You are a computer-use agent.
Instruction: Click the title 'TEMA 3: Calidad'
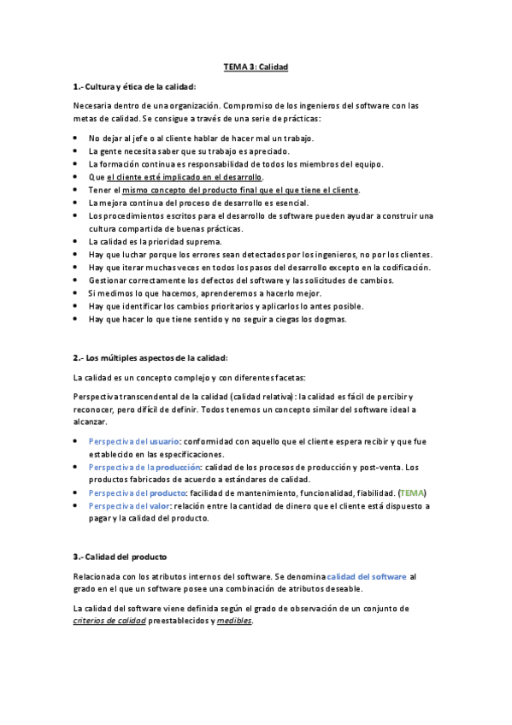coord(256,66)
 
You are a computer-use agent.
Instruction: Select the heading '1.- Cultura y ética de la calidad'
coord(135,86)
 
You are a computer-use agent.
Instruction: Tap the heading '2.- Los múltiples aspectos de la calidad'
coord(150,357)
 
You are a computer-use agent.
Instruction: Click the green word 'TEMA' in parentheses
coord(413,493)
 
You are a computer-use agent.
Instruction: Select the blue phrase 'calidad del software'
coord(367,577)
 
